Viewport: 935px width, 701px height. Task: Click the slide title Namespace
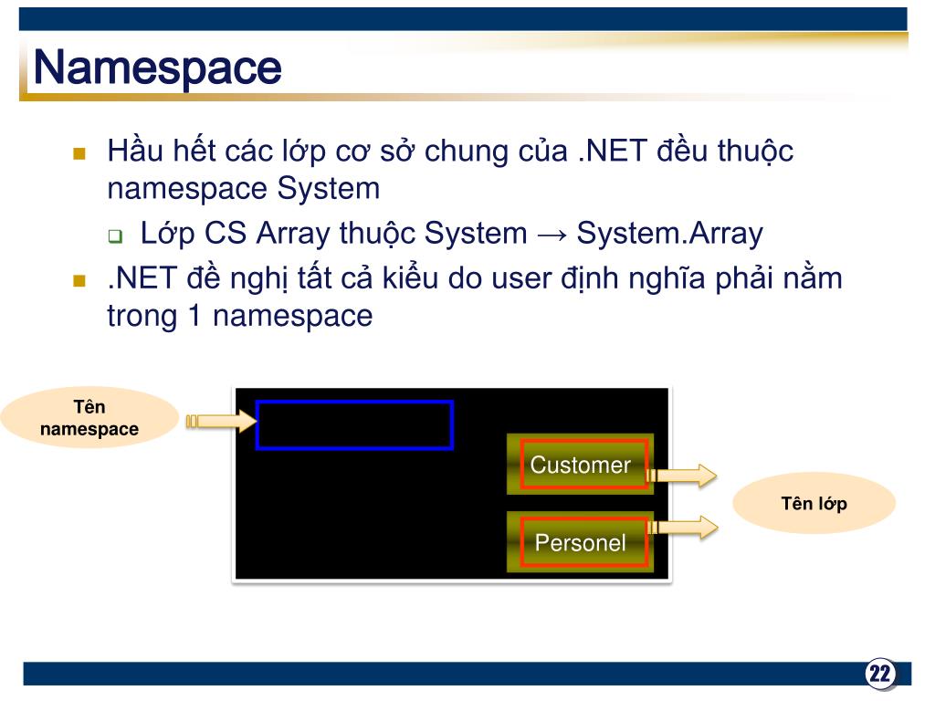point(156,68)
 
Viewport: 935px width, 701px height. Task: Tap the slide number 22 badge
point(880,675)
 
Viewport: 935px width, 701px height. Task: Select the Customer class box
point(581,465)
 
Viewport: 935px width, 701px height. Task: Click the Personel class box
point(581,542)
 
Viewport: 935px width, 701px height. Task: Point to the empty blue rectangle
point(354,425)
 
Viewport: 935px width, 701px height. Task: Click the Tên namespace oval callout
point(89,418)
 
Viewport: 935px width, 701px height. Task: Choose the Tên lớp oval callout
point(814,503)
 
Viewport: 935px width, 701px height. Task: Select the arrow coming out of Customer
point(684,475)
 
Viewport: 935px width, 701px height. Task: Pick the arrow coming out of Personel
point(684,527)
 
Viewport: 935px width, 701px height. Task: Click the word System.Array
point(669,234)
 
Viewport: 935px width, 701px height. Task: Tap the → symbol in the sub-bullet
point(552,235)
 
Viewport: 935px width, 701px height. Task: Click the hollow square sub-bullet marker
point(116,236)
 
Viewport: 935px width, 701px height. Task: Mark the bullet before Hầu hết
point(79,152)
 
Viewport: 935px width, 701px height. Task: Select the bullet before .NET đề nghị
point(79,279)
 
